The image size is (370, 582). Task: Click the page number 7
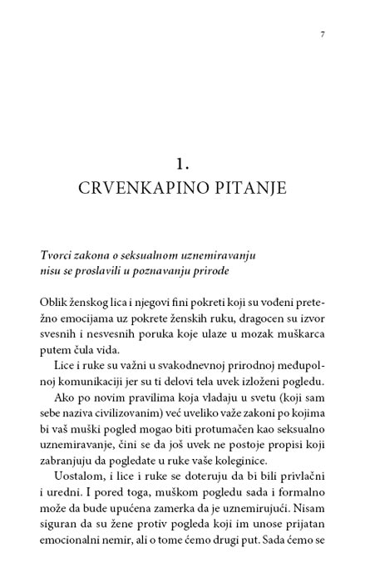point(322,34)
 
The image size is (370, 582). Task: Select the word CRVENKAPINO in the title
point(138,188)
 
